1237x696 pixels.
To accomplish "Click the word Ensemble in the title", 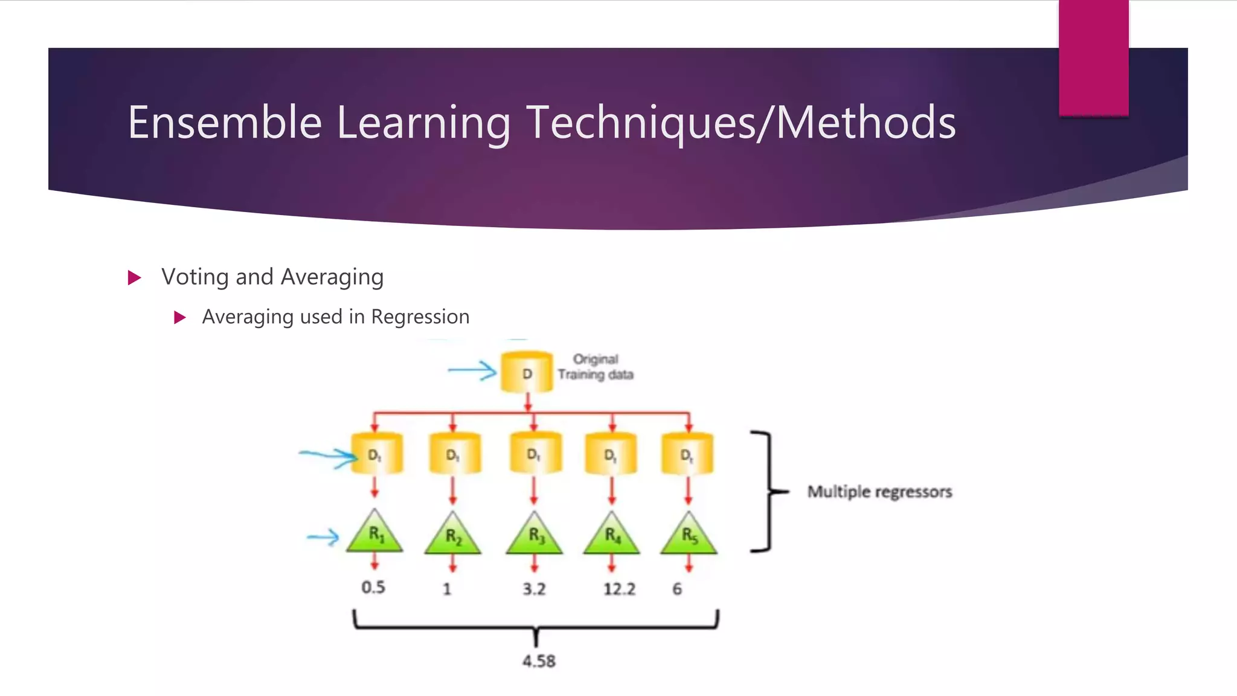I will tap(225, 123).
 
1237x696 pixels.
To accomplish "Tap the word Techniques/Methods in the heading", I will tap(741, 123).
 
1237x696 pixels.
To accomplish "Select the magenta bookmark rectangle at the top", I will tap(1093, 57).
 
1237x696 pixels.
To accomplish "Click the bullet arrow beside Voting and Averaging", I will tap(135, 278).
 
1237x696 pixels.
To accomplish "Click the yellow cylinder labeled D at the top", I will tap(527, 372).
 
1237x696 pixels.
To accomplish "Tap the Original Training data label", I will tap(596, 367).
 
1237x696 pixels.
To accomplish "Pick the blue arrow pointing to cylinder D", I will tap(472, 370).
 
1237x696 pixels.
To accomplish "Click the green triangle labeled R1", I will tap(375, 533).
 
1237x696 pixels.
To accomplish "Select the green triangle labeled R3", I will tap(535, 535).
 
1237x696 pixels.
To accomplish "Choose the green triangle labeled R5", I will tap(689, 535).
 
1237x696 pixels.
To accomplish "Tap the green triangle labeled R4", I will tap(612, 535).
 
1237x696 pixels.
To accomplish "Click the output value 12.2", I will tap(619, 589).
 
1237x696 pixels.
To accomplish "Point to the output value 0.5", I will tap(373, 587).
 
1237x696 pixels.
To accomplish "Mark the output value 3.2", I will tap(534, 589).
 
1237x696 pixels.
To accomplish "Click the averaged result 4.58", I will tap(539, 661).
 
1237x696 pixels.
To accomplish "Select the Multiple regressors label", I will tap(879, 492).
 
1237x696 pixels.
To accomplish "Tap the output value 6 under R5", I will tap(677, 589).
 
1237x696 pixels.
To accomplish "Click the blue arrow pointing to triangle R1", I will tap(323, 536).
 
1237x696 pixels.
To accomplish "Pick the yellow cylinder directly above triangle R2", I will tap(454, 453).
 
